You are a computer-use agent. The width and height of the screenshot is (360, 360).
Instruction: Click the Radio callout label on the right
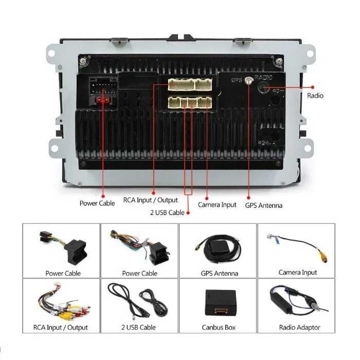pyautogui.click(x=315, y=96)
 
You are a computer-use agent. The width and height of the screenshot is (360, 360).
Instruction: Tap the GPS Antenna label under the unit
pyautogui.click(x=263, y=205)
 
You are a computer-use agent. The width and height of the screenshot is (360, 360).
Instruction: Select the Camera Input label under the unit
pyautogui.click(x=217, y=205)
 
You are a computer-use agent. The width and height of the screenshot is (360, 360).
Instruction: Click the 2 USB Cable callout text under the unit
pyautogui.click(x=167, y=212)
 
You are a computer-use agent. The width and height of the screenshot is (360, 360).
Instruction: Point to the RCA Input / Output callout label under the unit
pyautogui.click(x=150, y=200)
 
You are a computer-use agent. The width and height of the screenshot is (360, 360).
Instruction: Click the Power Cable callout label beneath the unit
pyautogui.click(x=97, y=203)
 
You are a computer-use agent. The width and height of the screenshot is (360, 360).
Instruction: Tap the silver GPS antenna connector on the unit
pyautogui.click(x=248, y=80)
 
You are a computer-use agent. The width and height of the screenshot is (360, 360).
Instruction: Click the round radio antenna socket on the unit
pyautogui.click(x=263, y=88)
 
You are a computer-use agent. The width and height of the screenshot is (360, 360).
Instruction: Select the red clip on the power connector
pyautogui.click(x=103, y=100)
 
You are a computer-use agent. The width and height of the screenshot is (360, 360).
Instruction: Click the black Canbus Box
pyautogui.click(x=220, y=302)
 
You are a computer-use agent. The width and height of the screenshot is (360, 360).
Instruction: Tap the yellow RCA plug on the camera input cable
pyautogui.click(x=323, y=256)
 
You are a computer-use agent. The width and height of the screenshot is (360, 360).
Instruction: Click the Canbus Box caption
pyautogui.click(x=219, y=328)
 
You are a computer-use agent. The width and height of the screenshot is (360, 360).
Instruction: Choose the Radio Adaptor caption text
pyautogui.click(x=300, y=328)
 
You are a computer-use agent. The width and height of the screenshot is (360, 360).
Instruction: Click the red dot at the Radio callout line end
pyautogui.click(x=313, y=87)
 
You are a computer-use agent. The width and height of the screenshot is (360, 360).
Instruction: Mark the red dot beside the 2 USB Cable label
pyautogui.click(x=188, y=213)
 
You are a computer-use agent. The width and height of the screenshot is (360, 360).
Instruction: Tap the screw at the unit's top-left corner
pyautogui.click(x=82, y=61)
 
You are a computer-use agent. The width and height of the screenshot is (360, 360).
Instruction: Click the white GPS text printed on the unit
pyautogui.click(x=237, y=80)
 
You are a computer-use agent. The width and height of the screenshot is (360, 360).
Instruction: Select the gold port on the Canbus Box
pyautogui.click(x=221, y=311)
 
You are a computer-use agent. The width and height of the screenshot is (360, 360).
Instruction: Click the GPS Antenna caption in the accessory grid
pyautogui.click(x=219, y=273)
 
